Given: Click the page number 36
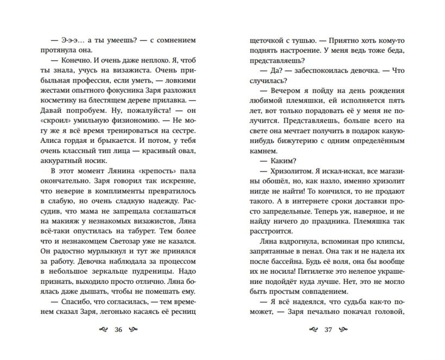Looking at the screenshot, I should (x=119, y=330).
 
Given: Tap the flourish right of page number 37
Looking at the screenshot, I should (x=345, y=330).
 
